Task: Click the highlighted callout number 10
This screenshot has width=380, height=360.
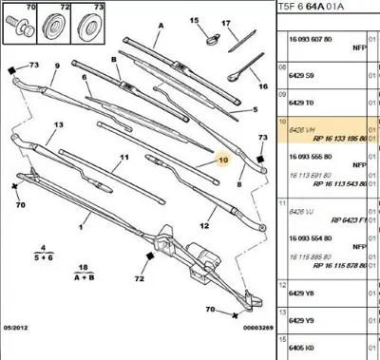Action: [222, 161]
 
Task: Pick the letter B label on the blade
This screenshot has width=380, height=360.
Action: [115, 59]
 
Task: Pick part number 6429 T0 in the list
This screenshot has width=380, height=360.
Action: [300, 102]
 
